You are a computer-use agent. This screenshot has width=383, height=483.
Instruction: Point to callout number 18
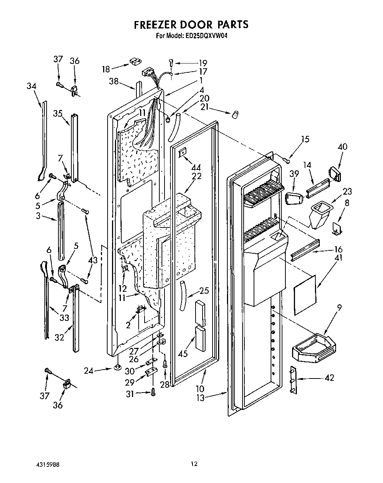coord(106,69)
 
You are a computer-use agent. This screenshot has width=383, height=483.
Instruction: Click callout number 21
coord(204,107)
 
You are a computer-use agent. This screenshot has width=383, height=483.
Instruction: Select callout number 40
coord(342,147)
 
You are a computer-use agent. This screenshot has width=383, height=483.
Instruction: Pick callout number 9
coord(339,307)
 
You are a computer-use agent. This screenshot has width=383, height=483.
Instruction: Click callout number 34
coord(31,86)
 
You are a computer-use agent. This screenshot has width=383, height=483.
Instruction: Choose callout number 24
coord(89,370)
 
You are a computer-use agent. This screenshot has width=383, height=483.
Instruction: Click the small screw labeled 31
coord(153,393)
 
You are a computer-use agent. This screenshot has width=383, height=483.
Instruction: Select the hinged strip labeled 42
coord(292,380)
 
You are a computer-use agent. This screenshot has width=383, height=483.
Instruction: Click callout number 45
coord(183,353)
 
